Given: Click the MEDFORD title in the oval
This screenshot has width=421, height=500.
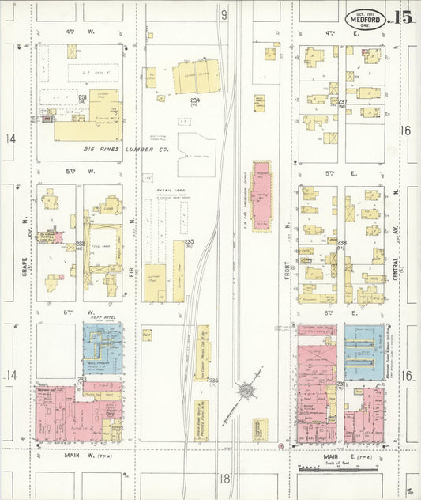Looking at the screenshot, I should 364,20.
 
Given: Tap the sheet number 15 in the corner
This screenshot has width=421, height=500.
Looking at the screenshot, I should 403,17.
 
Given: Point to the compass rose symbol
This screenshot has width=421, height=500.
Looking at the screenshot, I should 247,390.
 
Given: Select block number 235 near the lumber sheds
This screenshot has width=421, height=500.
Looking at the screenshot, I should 190,241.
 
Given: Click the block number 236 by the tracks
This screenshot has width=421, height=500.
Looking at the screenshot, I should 213,380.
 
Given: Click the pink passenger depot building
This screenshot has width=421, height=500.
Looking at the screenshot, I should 261,195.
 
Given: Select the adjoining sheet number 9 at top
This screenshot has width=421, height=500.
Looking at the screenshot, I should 224,15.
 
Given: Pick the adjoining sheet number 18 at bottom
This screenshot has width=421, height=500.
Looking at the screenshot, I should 224,479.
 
